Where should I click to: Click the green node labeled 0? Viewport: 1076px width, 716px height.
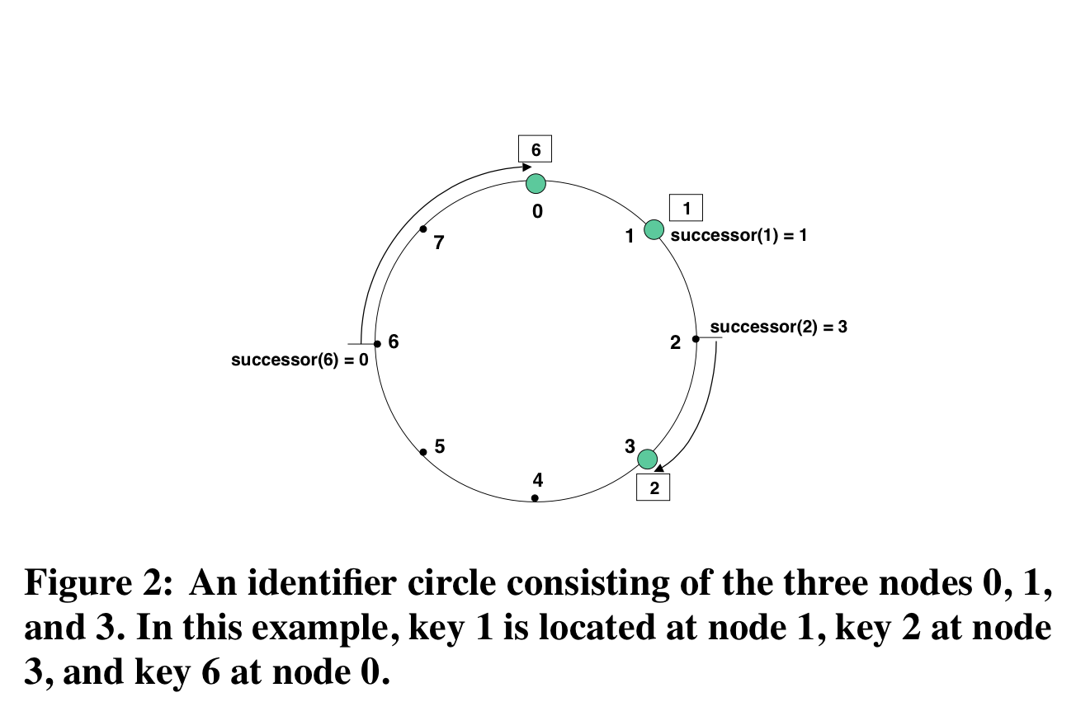click(536, 183)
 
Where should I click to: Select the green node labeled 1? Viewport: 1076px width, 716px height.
click(654, 229)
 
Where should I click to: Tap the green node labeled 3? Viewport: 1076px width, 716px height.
click(648, 459)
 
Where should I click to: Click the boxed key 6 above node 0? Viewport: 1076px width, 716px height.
click(535, 149)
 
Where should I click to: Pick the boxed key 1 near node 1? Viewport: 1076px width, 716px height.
click(686, 208)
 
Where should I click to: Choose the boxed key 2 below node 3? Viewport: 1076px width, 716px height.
click(654, 488)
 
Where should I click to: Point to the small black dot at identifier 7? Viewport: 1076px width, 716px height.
click(423, 228)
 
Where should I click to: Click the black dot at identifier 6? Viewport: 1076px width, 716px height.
click(377, 343)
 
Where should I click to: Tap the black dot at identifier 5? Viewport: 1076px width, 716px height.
click(423, 451)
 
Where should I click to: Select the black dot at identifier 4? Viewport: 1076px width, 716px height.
click(535, 498)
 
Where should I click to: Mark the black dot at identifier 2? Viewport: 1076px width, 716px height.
click(696, 338)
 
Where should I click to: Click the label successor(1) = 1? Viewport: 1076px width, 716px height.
click(739, 235)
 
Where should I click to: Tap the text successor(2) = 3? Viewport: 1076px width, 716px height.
click(778, 327)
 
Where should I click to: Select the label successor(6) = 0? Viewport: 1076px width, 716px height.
click(300, 360)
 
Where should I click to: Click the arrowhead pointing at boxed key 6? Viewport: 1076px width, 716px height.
click(526, 166)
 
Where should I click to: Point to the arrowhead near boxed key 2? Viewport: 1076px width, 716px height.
click(659, 469)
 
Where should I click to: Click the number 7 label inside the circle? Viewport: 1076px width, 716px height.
click(439, 243)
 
